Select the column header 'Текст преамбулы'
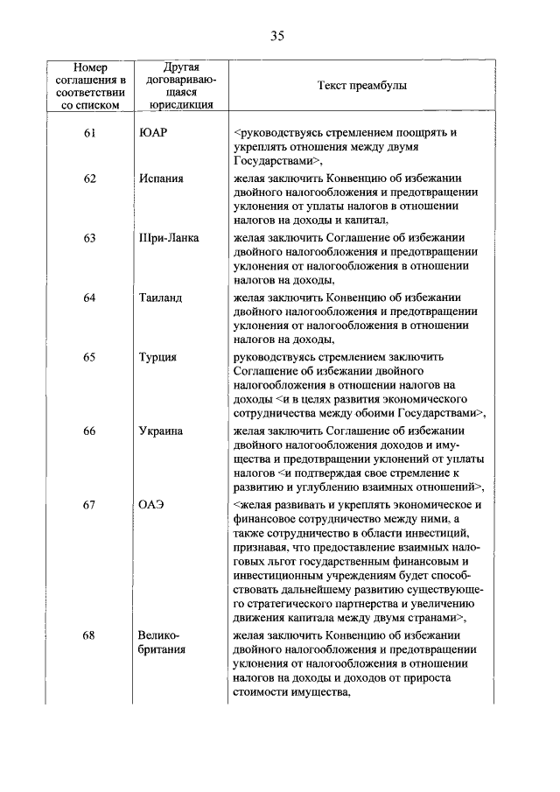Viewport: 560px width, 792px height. point(360,86)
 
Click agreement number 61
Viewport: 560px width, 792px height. point(89,132)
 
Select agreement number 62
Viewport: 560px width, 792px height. point(89,179)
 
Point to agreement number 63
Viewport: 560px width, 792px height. point(89,238)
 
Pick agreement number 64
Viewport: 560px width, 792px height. point(89,298)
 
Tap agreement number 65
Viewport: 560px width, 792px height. point(89,357)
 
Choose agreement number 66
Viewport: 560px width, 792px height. point(89,431)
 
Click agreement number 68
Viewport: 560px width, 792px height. point(89,635)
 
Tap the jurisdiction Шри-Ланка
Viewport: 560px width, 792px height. point(168,238)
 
